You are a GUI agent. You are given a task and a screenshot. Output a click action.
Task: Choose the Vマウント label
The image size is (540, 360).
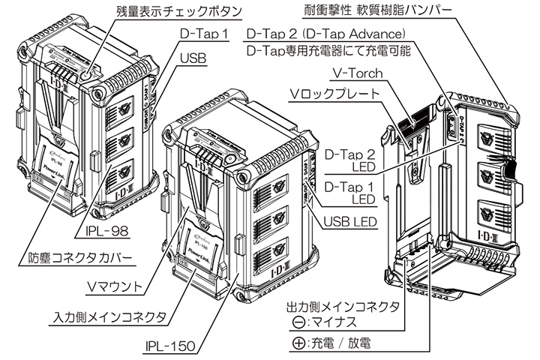[x=112, y=285]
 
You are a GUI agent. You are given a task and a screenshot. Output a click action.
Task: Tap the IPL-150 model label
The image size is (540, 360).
[x=171, y=346]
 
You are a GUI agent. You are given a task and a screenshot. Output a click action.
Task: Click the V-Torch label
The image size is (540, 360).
[x=355, y=73]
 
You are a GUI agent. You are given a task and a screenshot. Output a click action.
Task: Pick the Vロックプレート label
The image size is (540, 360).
[x=335, y=93]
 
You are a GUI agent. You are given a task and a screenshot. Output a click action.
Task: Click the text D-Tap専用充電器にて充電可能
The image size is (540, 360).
[x=328, y=52]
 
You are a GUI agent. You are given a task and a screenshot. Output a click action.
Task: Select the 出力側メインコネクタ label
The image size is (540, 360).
[x=341, y=307]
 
